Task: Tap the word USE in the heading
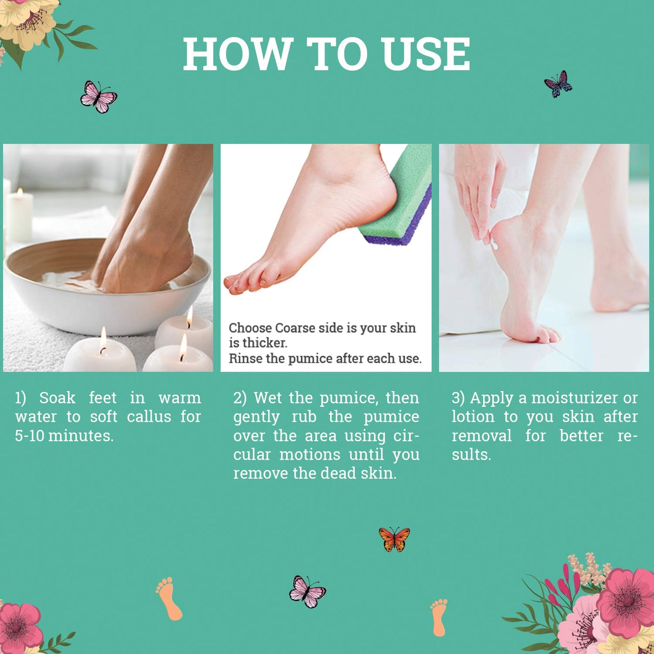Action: (425, 54)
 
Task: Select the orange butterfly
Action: (394, 539)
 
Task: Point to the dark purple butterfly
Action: (558, 84)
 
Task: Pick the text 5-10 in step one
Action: (29, 436)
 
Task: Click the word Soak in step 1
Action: (57, 398)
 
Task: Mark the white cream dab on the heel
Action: (494, 246)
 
